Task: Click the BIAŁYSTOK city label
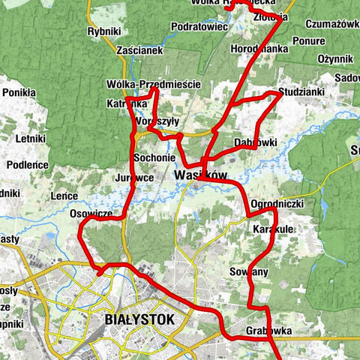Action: (136, 319)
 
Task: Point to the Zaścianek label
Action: (139, 50)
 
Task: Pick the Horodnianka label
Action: (260, 46)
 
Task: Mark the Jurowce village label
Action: (135, 178)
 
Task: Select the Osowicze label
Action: (90, 214)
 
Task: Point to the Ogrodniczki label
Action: (277, 204)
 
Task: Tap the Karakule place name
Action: (273, 228)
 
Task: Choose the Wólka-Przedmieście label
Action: (154, 85)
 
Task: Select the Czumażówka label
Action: (333, 24)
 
